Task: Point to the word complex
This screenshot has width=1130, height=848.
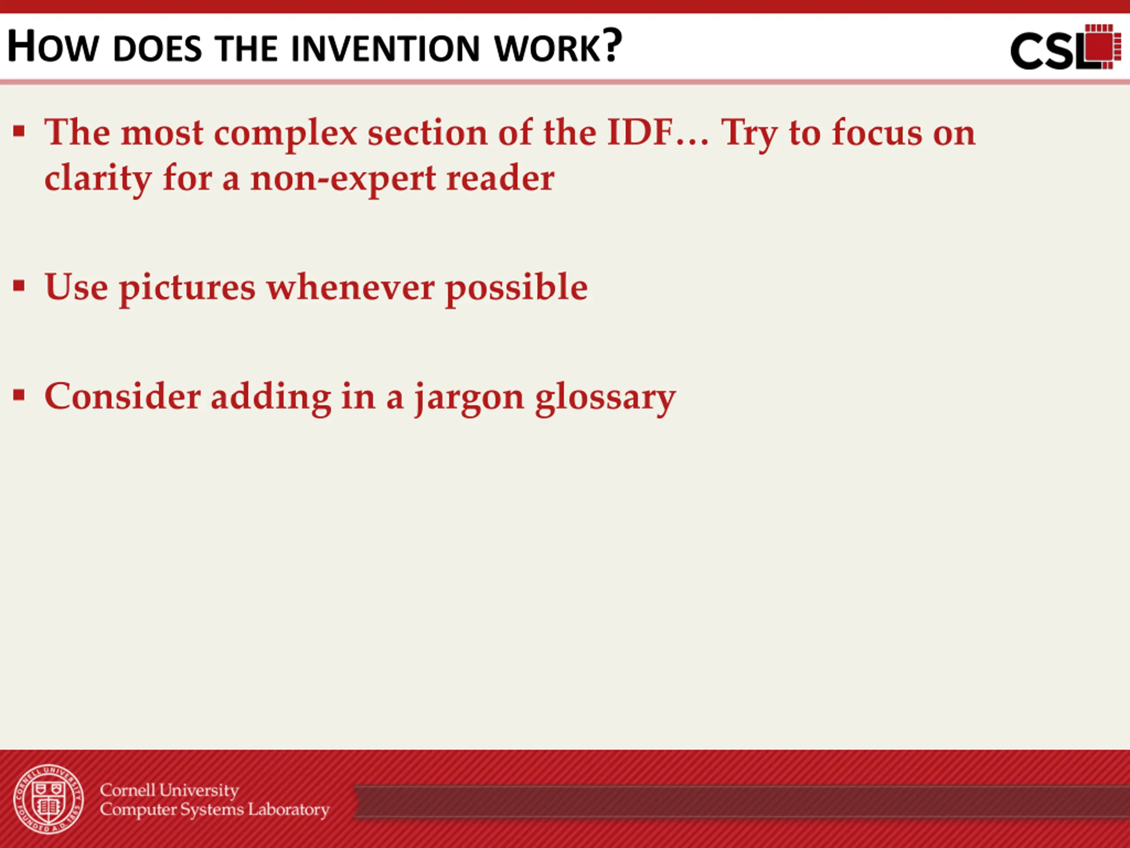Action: click(x=285, y=133)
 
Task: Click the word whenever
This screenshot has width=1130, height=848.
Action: click(x=350, y=287)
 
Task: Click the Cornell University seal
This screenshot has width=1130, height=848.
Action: click(x=49, y=799)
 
